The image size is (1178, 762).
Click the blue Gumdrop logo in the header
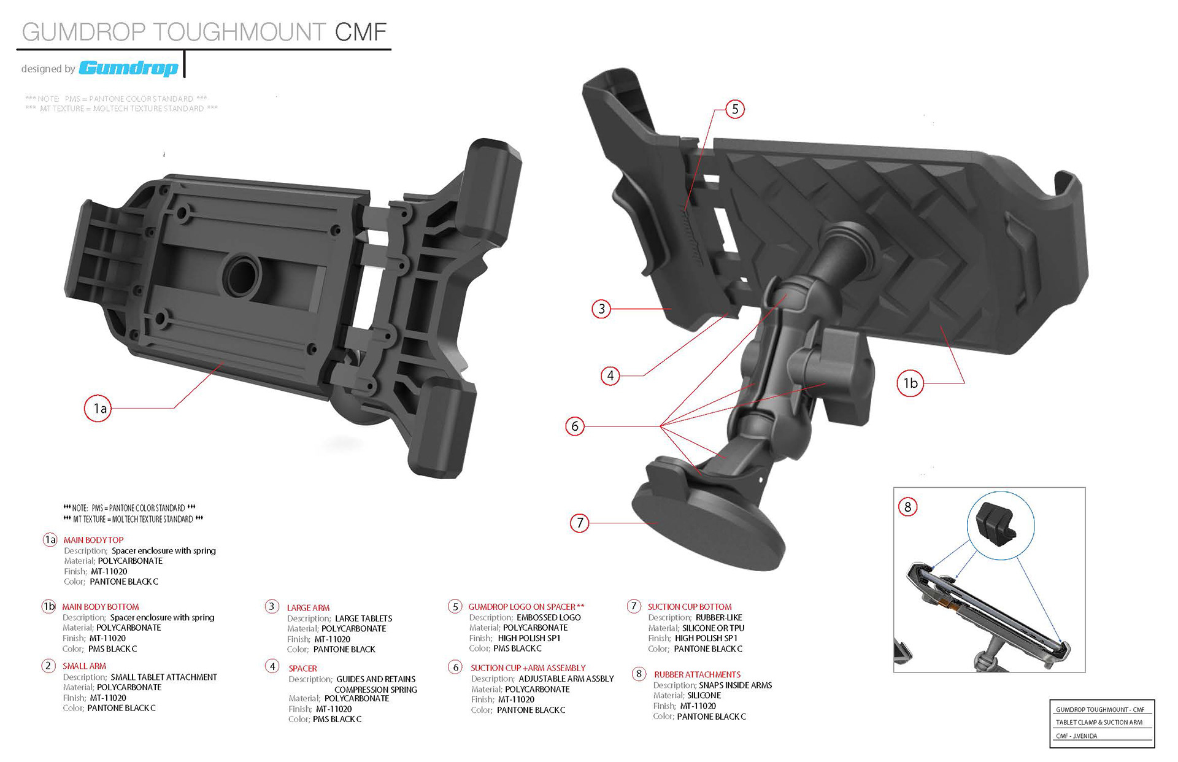point(129,67)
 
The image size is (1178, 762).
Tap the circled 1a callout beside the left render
point(98,408)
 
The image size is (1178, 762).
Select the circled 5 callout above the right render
point(734,109)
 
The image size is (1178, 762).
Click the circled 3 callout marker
point(601,309)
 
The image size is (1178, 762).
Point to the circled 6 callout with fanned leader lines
point(575,426)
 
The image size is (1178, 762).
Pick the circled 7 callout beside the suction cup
point(580,523)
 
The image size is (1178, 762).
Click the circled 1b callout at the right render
point(910,383)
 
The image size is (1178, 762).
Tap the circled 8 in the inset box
point(907,507)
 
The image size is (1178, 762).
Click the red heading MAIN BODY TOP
point(93,540)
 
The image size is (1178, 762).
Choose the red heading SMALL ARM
point(84,666)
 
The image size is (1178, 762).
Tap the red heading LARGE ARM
point(308,607)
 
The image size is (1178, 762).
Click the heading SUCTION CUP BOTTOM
point(690,606)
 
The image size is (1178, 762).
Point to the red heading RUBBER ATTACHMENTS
point(697,674)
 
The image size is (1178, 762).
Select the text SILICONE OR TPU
point(713,628)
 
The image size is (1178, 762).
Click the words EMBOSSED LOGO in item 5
point(549,617)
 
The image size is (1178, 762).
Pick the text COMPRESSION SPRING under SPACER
point(375,690)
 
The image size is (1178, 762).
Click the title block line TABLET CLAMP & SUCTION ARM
point(1099,722)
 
